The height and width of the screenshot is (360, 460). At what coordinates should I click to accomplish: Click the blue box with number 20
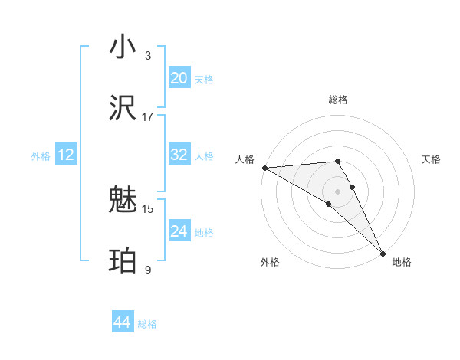point(179,77)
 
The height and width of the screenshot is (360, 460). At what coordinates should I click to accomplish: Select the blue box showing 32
point(179,155)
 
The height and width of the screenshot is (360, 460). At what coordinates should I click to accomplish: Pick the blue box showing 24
point(179,231)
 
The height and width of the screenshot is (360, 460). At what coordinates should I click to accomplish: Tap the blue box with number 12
point(65,155)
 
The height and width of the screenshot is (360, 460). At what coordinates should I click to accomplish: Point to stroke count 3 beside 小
point(148,55)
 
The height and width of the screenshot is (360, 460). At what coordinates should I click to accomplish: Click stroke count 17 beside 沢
point(148,116)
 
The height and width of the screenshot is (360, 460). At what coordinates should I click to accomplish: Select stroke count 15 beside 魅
point(148,208)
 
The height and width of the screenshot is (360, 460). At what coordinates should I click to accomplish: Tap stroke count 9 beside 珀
point(148,270)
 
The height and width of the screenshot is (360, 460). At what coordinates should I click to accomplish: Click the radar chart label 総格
point(338,100)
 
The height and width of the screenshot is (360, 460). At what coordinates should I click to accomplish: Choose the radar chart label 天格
point(431,159)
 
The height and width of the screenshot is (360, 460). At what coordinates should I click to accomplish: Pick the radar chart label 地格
point(402,262)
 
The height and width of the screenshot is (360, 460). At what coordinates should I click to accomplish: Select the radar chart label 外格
point(270,262)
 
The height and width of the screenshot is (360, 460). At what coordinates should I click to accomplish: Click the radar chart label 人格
point(244,159)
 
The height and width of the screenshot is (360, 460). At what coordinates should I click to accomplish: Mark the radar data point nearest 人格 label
point(264,168)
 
